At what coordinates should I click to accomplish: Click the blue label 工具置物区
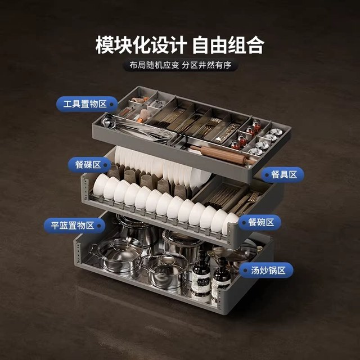click(87, 104)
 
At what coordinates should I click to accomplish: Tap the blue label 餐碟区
click(89, 165)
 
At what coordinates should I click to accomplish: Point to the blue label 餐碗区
click(259, 222)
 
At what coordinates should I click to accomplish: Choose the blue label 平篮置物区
click(74, 226)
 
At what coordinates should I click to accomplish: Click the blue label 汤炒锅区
click(266, 270)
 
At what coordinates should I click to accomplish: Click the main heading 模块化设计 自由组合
click(180, 45)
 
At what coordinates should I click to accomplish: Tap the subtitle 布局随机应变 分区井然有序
click(180, 65)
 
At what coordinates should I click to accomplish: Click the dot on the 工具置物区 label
click(111, 104)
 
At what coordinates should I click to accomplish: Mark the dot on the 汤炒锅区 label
click(245, 271)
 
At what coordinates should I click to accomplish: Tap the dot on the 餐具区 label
click(267, 175)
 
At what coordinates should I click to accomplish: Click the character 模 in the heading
click(105, 45)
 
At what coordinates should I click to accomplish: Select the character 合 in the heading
click(255, 45)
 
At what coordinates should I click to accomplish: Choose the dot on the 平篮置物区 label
click(99, 226)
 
